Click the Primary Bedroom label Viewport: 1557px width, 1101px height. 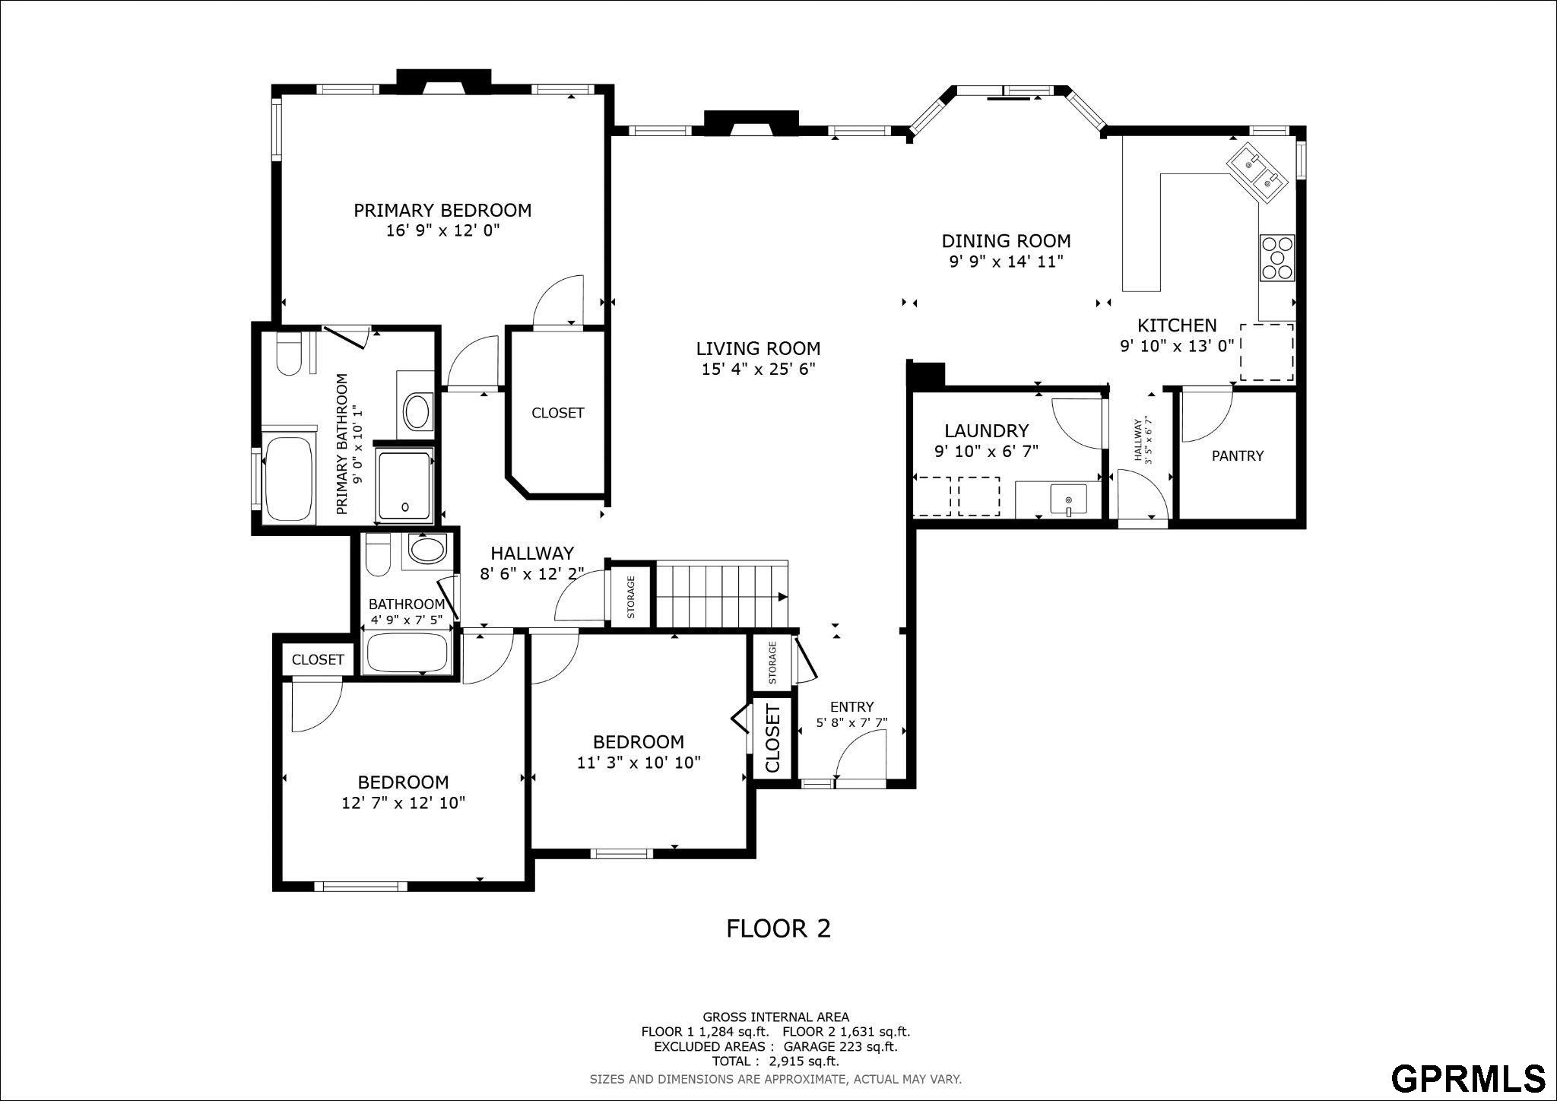(x=442, y=210)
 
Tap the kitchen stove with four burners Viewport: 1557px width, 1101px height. (x=1276, y=258)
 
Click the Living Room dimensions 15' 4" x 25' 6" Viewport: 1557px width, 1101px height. (x=758, y=370)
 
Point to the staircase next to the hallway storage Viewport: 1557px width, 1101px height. (x=722, y=595)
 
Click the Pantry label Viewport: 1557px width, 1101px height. (x=1238, y=455)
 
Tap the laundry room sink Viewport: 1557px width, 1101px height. (x=1069, y=500)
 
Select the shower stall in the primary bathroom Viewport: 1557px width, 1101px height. (x=405, y=486)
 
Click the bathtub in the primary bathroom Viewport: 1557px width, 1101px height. (x=288, y=479)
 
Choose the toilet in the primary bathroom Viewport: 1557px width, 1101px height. (x=288, y=354)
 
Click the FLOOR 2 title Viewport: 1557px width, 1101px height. (x=778, y=928)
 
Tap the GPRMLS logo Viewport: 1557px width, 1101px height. (x=1468, y=1077)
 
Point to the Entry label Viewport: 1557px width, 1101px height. (x=851, y=706)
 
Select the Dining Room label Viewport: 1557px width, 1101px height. (x=1006, y=241)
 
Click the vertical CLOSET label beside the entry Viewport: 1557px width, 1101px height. (x=772, y=738)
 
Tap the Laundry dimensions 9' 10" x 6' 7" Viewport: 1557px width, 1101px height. (x=986, y=451)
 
